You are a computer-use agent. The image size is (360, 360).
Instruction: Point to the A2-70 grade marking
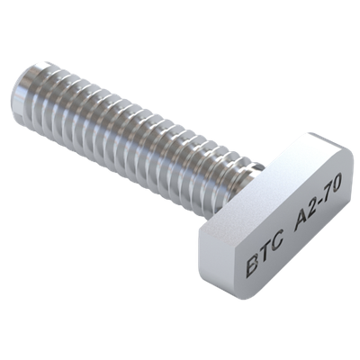coord(317,204)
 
